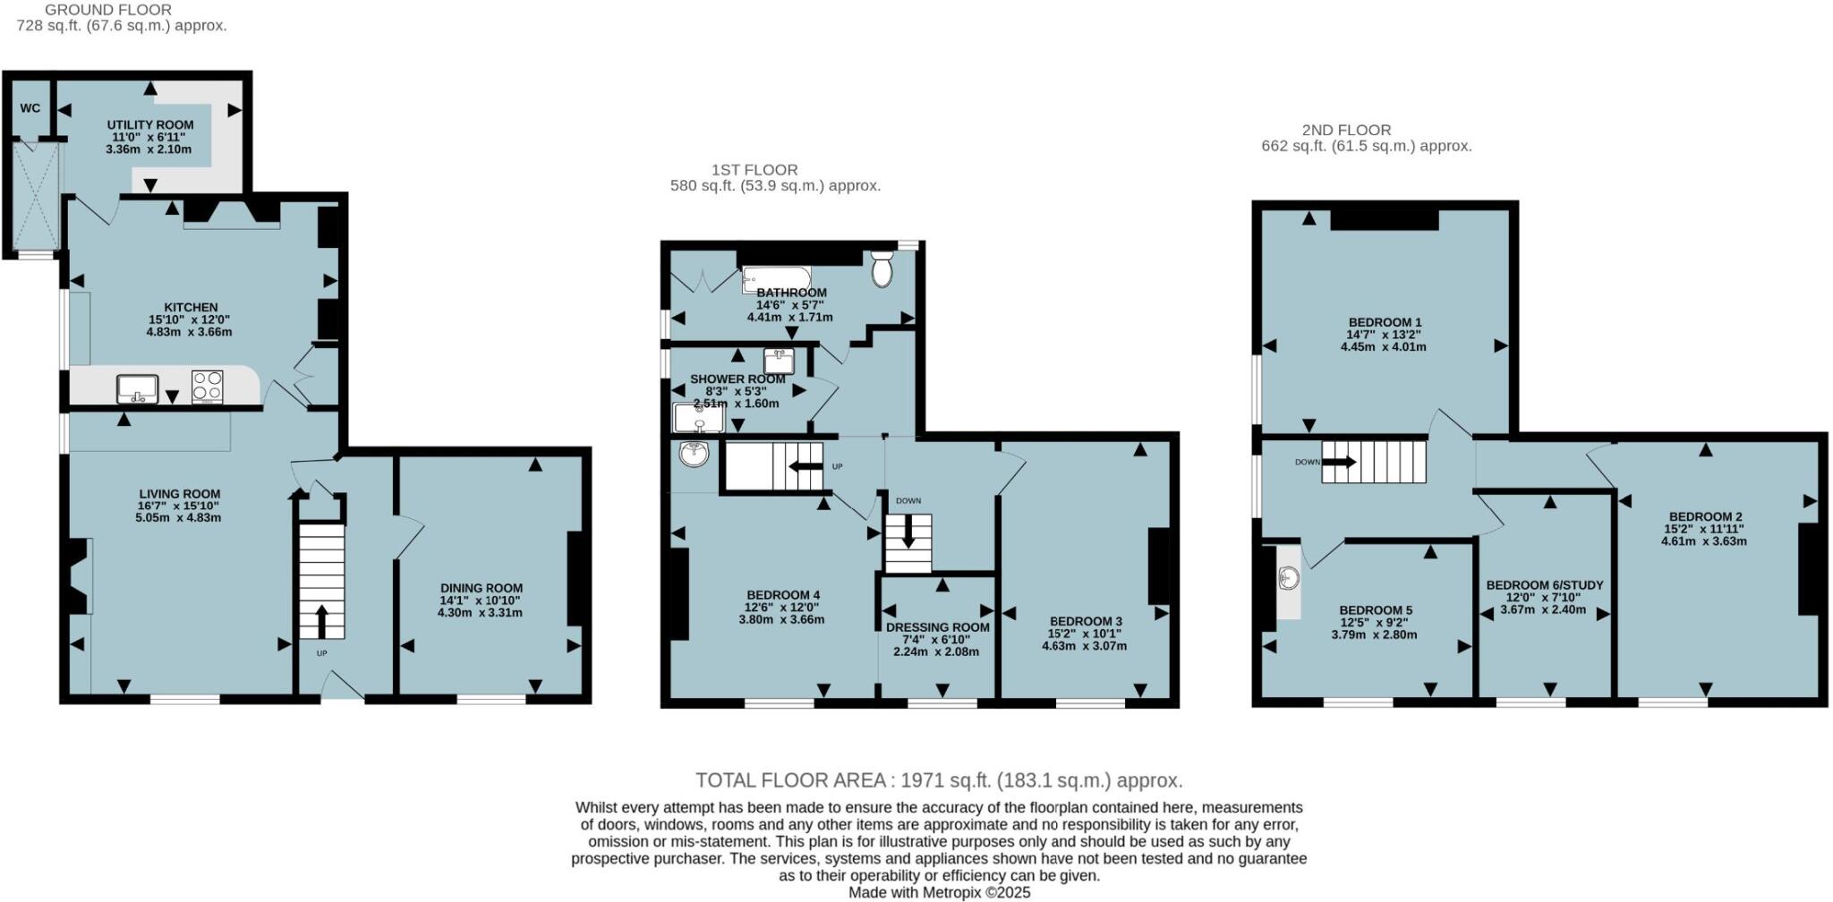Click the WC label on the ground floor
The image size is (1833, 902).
(30, 108)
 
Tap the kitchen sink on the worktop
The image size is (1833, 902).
(137, 388)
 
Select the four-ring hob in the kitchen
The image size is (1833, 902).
(208, 387)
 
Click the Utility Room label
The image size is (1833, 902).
(150, 125)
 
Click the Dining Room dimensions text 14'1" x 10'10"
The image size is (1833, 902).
(480, 600)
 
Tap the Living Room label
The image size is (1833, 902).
(179, 494)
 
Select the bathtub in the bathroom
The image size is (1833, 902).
(776, 279)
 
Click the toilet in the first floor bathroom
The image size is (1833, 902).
(882, 268)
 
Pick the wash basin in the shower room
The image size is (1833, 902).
(779, 361)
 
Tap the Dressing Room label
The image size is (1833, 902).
(937, 627)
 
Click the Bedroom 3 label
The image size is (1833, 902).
(1085, 621)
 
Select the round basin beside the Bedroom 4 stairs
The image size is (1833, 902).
(694, 454)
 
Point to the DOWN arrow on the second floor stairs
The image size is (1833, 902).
(1339, 462)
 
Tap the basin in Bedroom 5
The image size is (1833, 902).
(1289, 579)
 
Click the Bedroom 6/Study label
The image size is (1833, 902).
(1545, 585)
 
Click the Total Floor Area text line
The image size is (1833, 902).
(939, 780)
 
